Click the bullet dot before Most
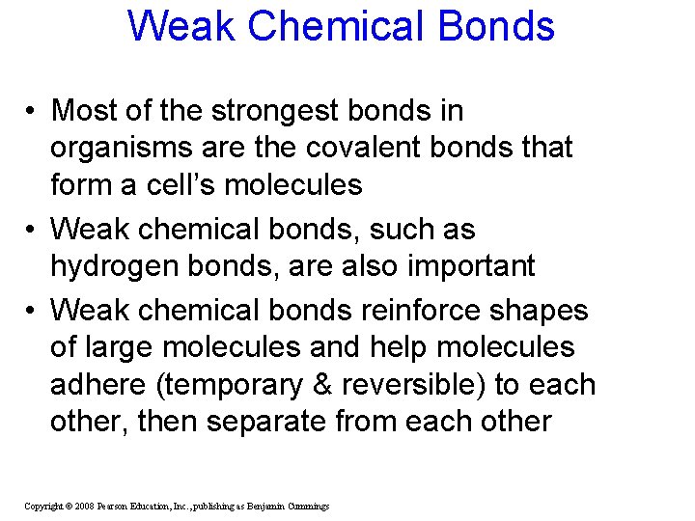[x=33, y=112]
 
